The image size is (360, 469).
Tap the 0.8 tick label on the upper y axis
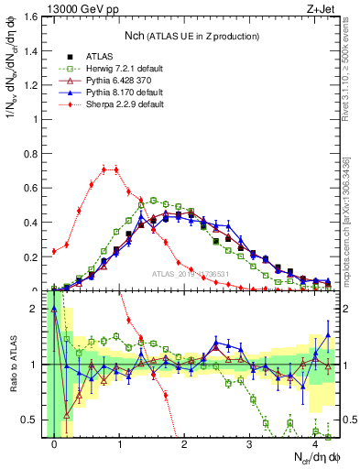[32, 154]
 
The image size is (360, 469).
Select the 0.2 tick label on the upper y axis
[32, 256]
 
